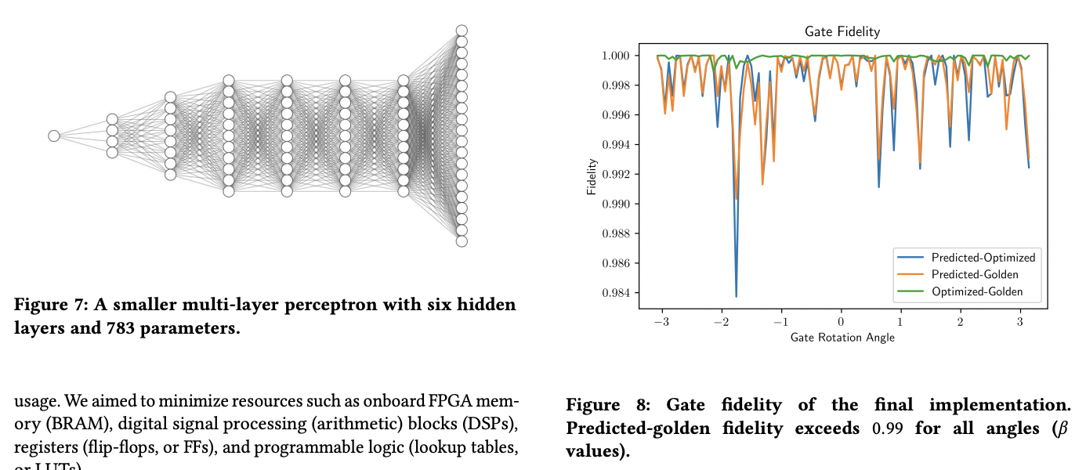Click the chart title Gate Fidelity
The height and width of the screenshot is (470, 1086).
[x=842, y=32]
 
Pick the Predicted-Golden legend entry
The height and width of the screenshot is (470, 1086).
[x=975, y=275]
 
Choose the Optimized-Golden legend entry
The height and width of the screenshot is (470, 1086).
[x=976, y=292]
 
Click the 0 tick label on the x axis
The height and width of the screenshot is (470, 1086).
[x=841, y=322]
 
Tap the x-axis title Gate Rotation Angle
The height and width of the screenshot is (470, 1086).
[x=842, y=338]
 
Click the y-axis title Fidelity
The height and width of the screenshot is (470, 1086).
[x=592, y=176]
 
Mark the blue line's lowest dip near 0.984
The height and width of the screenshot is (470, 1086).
[x=737, y=296]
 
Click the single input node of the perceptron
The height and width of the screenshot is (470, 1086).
[x=54, y=136]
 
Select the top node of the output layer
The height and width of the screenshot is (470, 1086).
[x=462, y=31]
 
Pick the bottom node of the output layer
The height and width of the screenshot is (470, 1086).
[x=462, y=241]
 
